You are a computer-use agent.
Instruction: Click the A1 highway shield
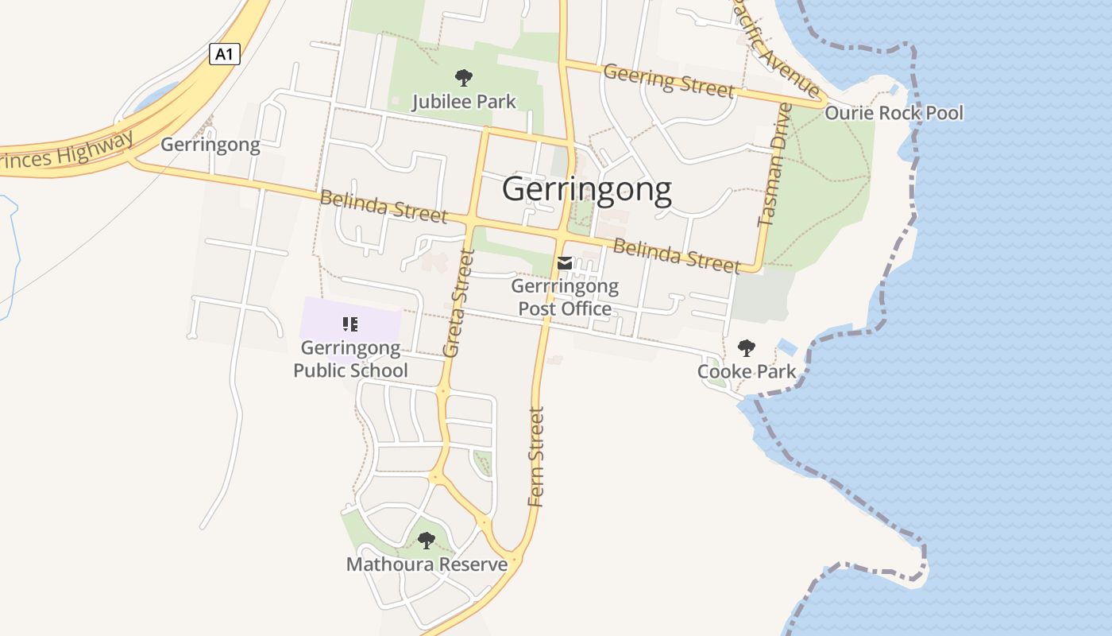pyautogui.click(x=225, y=54)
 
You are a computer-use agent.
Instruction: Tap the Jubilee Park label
pyautogui.click(x=464, y=102)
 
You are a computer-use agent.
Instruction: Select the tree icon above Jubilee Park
pyautogui.click(x=464, y=78)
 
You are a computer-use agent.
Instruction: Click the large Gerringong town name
pyautogui.click(x=587, y=190)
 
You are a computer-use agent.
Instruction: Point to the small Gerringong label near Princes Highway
pyautogui.click(x=210, y=145)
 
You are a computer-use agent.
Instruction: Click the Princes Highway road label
pyautogui.click(x=67, y=153)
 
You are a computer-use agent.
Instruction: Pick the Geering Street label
pyautogui.click(x=668, y=81)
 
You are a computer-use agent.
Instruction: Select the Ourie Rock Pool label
pyautogui.click(x=894, y=113)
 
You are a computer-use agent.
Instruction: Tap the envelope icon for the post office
pyautogui.click(x=565, y=263)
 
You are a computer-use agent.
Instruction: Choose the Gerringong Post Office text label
pyautogui.click(x=565, y=297)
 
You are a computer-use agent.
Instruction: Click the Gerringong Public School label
pyautogui.click(x=350, y=359)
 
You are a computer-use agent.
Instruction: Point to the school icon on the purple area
pyautogui.click(x=350, y=324)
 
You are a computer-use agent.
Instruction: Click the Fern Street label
pyautogui.click(x=537, y=457)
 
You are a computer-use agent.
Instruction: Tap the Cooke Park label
pyautogui.click(x=747, y=371)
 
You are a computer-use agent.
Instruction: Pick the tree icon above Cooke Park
pyautogui.click(x=746, y=347)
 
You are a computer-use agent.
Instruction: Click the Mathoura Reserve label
pyautogui.click(x=427, y=564)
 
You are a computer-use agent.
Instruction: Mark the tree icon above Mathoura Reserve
pyautogui.click(x=427, y=541)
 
